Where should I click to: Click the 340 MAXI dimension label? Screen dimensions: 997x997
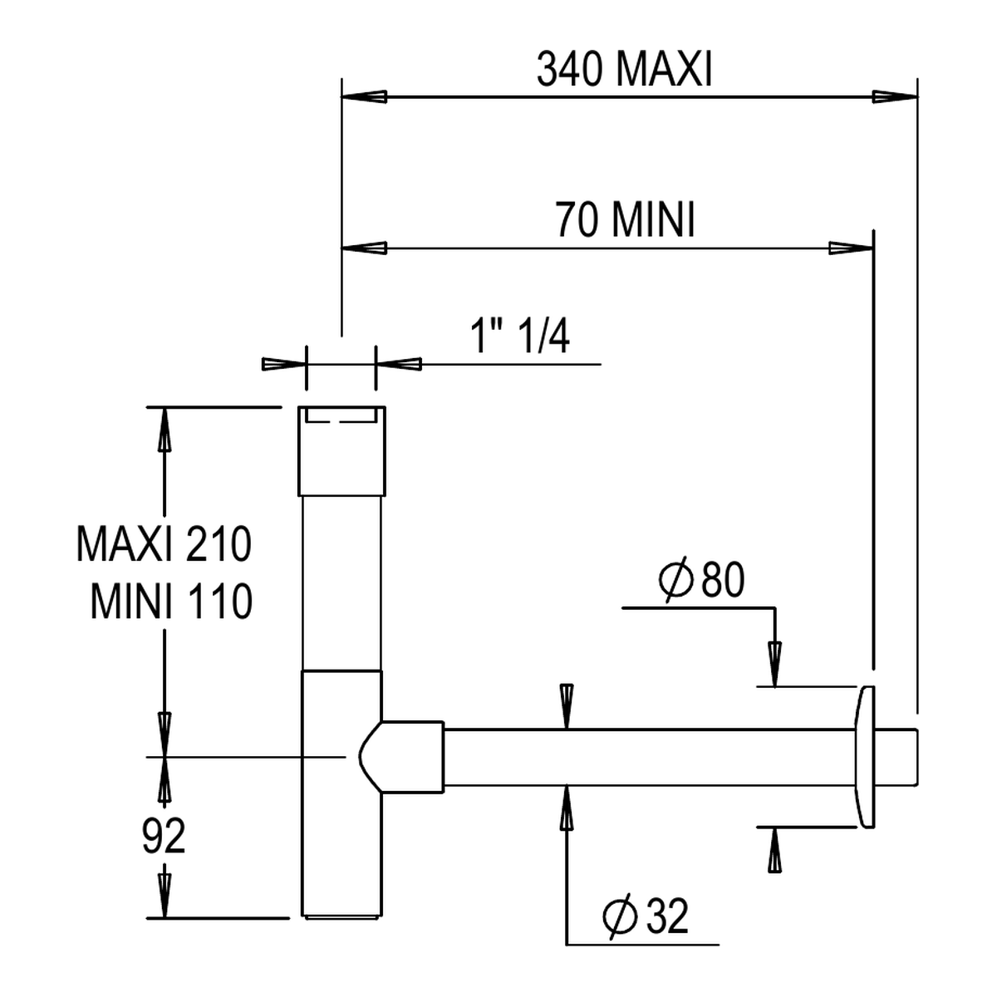pos(625,70)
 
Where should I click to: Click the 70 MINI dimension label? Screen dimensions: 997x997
pos(625,220)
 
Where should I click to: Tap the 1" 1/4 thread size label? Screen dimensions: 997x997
pos(520,336)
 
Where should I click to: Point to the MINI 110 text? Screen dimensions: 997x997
pos(171,602)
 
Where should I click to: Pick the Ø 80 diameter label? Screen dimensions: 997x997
pos(701,580)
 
